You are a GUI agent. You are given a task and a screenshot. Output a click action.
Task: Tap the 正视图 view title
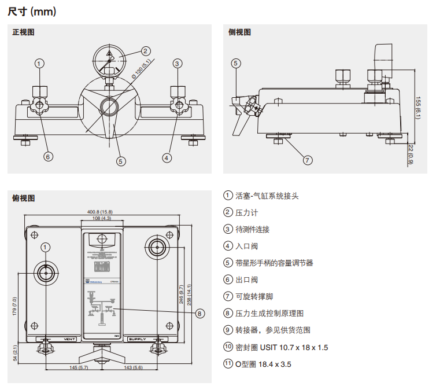[24, 32]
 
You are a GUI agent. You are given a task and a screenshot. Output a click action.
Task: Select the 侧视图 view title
[240, 32]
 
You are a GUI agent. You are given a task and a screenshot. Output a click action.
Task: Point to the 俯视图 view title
[24, 198]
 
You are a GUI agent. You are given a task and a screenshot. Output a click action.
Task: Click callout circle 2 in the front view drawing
[146, 51]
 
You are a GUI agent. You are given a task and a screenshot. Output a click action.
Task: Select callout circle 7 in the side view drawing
[308, 160]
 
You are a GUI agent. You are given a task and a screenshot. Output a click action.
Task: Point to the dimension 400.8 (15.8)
[99, 212]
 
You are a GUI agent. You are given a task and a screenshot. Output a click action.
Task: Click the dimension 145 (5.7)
[79, 368]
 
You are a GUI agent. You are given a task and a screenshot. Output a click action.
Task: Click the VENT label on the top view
[69, 339]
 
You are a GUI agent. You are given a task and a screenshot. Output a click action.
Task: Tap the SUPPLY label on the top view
[138, 339]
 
